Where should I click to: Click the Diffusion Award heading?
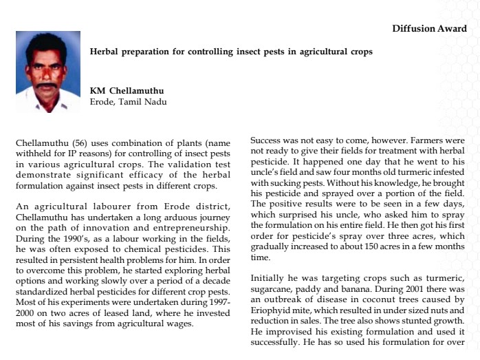429,28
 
